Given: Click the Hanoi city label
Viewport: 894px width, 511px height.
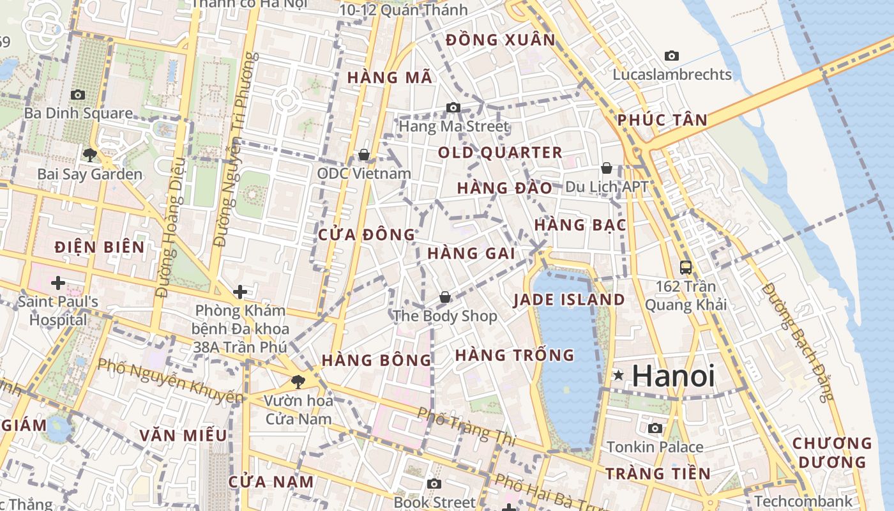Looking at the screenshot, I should point(673,376).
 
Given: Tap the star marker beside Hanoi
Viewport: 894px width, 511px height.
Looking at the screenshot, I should point(618,376).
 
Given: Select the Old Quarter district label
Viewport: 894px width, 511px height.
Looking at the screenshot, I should point(500,153).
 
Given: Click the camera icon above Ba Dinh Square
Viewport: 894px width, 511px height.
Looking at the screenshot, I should point(78,95).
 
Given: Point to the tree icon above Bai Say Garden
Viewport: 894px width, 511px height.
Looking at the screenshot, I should point(89,155).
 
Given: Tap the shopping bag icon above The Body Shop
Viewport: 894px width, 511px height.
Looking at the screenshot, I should point(445,297).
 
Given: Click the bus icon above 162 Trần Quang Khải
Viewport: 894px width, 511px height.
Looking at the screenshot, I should point(686,268).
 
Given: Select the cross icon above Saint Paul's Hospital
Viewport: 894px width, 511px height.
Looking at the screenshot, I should point(58,282).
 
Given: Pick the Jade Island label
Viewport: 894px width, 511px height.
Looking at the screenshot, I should point(569,300).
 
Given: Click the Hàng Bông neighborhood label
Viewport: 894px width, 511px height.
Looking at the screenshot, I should point(377,360).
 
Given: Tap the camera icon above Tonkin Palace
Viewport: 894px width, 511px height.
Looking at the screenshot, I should point(655,429).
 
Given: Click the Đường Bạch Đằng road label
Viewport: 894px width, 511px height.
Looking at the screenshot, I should point(798,342).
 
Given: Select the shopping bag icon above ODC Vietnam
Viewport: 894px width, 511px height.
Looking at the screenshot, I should point(364,155).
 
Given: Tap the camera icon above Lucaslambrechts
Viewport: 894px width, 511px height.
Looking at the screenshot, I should point(672,56).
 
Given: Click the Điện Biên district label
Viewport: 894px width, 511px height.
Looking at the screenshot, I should point(100,247).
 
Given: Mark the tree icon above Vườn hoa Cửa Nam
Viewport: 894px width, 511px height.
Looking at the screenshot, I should point(298,382).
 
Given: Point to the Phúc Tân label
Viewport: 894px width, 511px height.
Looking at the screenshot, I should point(662,120).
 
